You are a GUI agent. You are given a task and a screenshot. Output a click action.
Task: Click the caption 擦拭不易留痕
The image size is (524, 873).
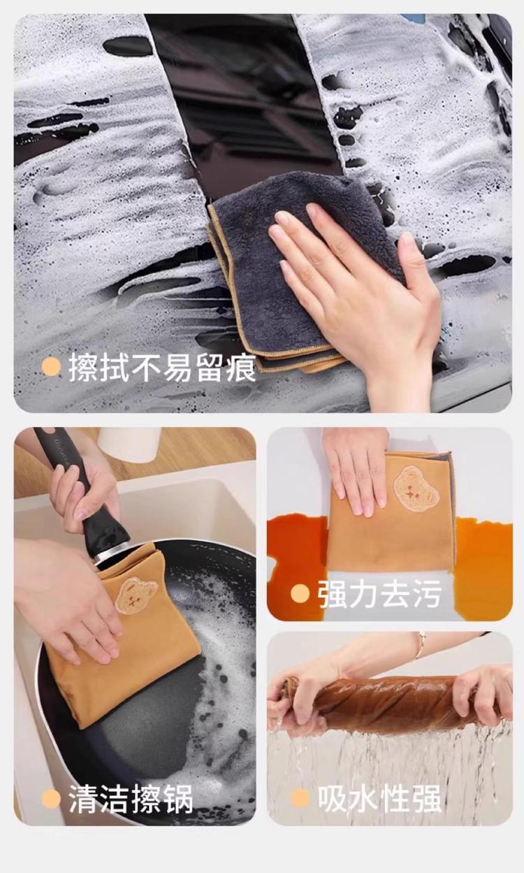click(163, 367)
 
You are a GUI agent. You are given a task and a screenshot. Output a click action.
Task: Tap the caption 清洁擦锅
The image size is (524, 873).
click(131, 799)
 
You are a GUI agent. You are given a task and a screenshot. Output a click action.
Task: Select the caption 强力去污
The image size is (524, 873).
click(380, 594)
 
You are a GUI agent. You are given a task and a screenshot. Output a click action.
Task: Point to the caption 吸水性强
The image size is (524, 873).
click(380, 798)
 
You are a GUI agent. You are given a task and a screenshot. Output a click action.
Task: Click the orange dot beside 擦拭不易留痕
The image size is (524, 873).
click(51, 367)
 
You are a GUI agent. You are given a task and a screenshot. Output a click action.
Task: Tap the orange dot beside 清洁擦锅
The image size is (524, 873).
click(51, 799)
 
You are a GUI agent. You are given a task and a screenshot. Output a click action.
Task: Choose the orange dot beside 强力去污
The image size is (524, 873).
click(300, 594)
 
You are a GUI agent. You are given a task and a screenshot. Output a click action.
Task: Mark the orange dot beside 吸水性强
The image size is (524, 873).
click(300, 798)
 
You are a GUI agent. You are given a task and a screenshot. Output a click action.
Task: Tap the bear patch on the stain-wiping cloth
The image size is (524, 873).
click(416, 487)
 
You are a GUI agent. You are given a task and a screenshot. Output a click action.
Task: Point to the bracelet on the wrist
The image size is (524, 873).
click(421, 645)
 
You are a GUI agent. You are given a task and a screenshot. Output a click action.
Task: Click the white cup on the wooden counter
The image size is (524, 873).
click(129, 445)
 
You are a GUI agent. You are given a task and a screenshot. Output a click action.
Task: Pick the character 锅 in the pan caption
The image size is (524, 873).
click(178, 799)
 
